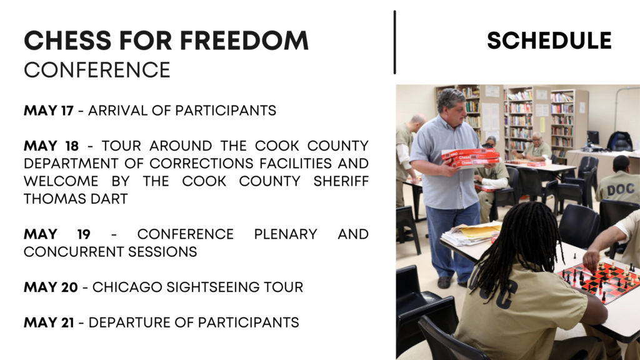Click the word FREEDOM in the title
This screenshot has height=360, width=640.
click(x=244, y=41)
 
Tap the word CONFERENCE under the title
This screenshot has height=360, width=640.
click(x=97, y=70)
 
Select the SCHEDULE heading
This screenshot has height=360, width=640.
click(x=549, y=41)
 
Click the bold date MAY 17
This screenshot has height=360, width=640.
click(x=49, y=111)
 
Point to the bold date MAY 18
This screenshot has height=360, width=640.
click(x=51, y=146)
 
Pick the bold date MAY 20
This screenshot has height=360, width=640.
click(x=51, y=287)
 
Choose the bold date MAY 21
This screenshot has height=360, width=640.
click(x=49, y=322)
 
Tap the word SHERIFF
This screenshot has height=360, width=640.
click(x=341, y=181)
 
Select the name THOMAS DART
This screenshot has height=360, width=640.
click(x=76, y=199)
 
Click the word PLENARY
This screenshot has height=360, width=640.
click(x=285, y=234)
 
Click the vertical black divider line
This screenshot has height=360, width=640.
click(x=395, y=42)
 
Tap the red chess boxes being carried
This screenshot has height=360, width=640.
click(x=471, y=158)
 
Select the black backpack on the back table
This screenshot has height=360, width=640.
click(x=619, y=141)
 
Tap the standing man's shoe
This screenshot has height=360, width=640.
click(x=444, y=282)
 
